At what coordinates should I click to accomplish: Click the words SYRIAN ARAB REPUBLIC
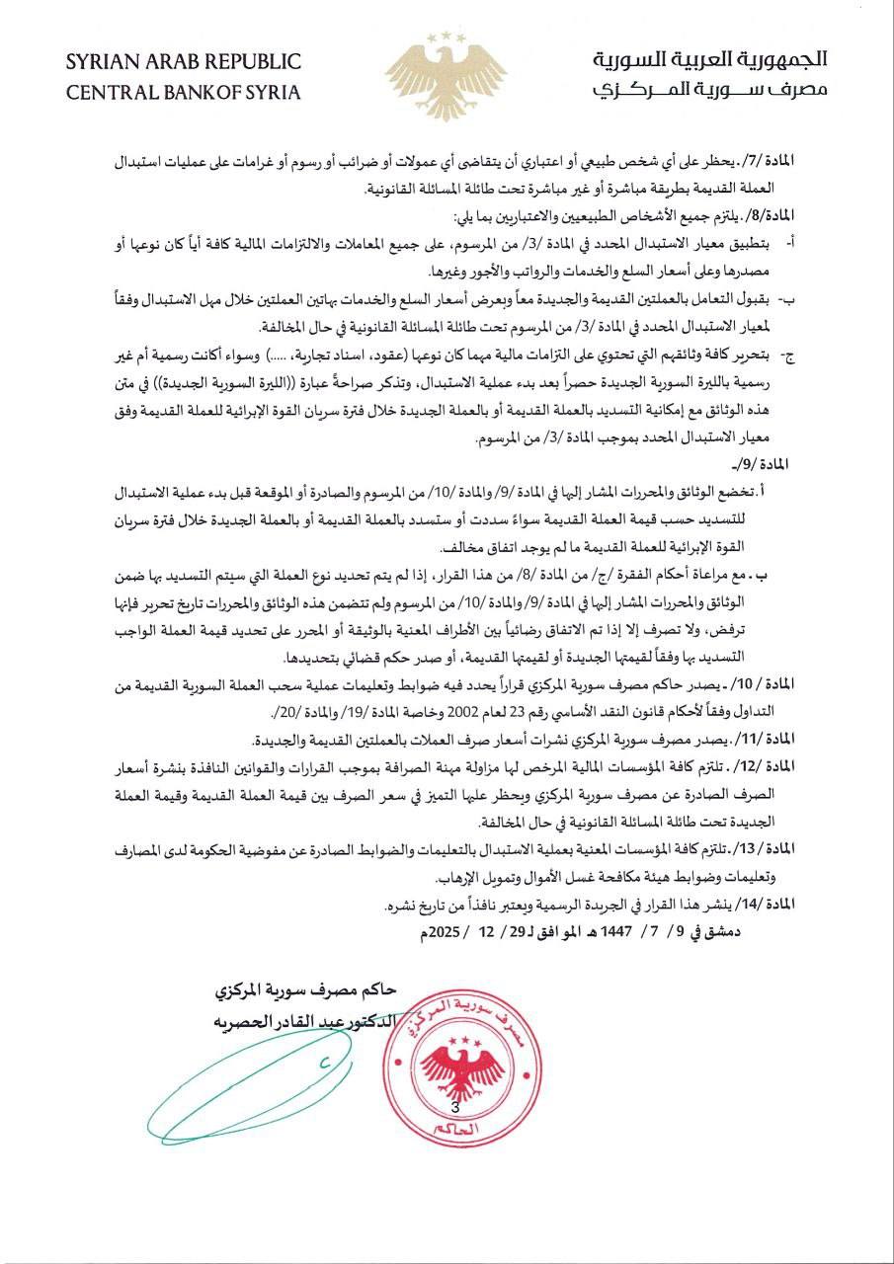pyautogui.click(x=183, y=62)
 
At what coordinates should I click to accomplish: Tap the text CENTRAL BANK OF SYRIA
pyautogui.click(x=183, y=93)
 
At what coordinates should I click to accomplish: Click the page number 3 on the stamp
pyautogui.click(x=455, y=1108)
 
